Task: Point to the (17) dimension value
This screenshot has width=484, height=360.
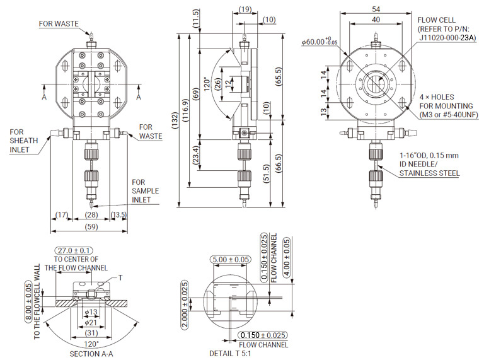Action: coord(61,215)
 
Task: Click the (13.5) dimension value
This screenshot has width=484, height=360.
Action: coord(118,215)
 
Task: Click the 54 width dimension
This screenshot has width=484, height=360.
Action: coord(375,9)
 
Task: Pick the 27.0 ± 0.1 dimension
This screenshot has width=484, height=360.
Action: coord(74,250)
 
